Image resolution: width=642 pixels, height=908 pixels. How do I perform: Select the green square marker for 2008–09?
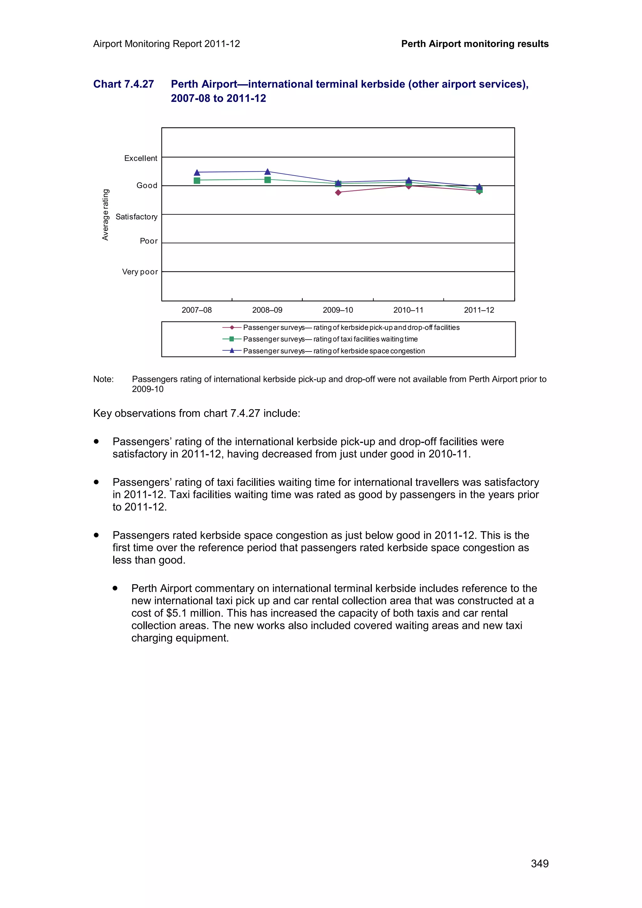(x=267, y=180)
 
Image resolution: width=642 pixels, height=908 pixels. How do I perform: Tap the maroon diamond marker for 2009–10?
(x=338, y=193)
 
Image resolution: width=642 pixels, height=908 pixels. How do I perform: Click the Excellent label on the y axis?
(x=140, y=158)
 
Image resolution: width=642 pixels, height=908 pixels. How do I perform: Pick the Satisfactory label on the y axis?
(x=136, y=217)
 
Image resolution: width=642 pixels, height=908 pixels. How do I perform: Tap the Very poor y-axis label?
(x=139, y=272)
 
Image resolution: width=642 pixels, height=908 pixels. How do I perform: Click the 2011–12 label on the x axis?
(x=479, y=310)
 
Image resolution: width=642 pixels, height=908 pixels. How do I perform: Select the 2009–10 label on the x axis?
(x=338, y=310)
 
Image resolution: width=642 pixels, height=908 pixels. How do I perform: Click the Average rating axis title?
(x=105, y=215)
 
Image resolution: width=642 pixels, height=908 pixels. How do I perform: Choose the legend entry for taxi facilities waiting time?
(x=330, y=339)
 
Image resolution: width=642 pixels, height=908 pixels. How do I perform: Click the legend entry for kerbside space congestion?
(x=334, y=351)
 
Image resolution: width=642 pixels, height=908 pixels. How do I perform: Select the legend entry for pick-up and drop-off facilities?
(x=351, y=327)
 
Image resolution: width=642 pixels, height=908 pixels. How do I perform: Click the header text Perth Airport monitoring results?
(x=475, y=44)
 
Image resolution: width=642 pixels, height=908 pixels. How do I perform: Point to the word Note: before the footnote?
(x=103, y=379)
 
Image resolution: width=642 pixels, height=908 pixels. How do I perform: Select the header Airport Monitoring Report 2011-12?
(x=166, y=44)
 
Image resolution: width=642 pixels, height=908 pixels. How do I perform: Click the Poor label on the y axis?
(x=149, y=241)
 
